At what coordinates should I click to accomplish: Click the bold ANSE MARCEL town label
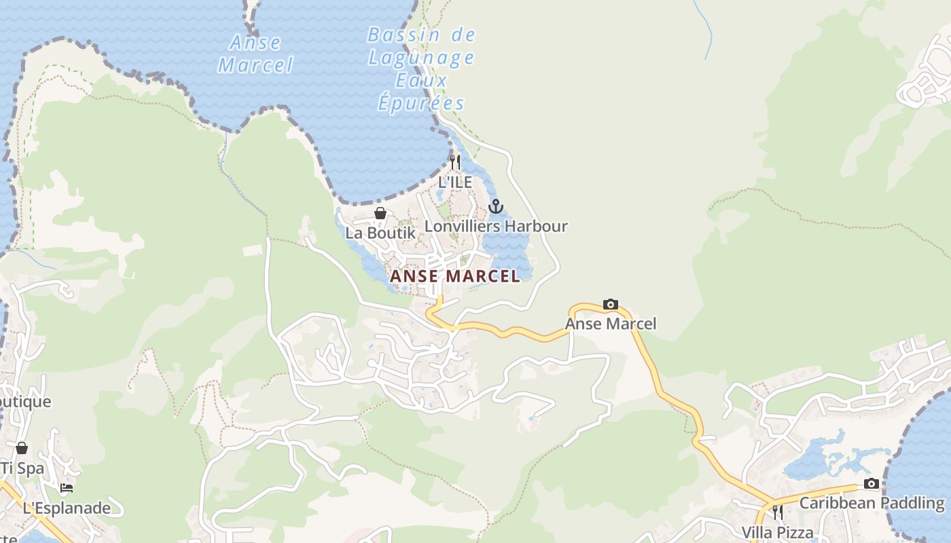454,276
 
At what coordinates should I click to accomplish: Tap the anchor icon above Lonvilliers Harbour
496,206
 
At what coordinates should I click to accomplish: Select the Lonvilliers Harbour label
496,226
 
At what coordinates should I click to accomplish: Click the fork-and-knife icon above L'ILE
455,162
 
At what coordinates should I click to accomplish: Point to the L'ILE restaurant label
455,182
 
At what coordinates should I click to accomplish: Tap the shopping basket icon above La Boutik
380,213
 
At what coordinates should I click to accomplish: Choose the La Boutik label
380,233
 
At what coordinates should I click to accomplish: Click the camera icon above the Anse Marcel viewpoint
611,304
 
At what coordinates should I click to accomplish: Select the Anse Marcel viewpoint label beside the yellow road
611,324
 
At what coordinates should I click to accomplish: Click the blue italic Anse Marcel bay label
255,54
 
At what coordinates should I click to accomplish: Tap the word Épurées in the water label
421,103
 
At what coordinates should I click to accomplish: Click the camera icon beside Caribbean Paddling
872,483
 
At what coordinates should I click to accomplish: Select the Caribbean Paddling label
872,503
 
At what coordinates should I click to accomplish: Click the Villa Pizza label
777,531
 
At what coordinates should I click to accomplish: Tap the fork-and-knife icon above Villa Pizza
777,512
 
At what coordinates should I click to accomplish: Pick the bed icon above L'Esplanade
67,488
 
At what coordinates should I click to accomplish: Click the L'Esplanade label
67,508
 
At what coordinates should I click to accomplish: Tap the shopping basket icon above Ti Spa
22,448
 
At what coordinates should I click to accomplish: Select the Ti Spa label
22,468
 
